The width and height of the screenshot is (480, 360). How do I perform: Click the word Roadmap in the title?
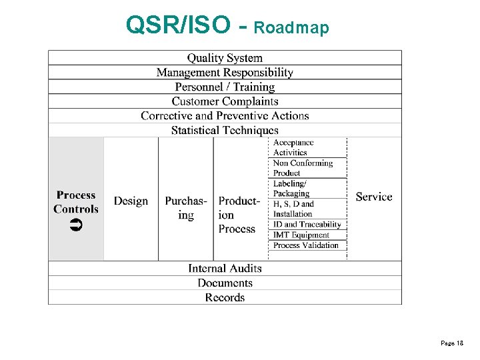[x=291, y=27]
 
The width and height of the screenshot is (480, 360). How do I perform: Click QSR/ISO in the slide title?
[x=179, y=25]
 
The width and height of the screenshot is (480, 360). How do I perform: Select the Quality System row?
[x=225, y=58]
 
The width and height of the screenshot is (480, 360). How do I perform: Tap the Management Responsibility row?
[x=225, y=72]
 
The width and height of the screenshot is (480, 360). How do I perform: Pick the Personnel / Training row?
[x=225, y=87]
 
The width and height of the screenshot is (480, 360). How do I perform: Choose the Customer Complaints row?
[x=225, y=101]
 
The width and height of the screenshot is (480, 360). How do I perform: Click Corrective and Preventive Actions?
[x=225, y=115]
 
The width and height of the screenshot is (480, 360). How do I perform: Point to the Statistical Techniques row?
[x=225, y=130]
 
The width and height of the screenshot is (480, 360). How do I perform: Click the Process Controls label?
[x=76, y=202]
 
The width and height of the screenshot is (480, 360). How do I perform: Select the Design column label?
[x=131, y=201]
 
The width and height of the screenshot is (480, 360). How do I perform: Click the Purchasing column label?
[x=186, y=208]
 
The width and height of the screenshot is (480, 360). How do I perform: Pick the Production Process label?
[x=238, y=215]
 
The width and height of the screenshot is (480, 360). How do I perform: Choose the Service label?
[x=374, y=197]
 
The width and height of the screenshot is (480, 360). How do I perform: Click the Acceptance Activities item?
[x=293, y=147]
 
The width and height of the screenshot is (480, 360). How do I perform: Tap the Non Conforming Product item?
[x=302, y=168]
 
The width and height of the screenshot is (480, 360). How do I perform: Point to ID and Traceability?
[x=307, y=225]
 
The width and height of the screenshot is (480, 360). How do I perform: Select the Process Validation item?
[x=306, y=245]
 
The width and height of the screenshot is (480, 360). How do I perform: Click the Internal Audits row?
[x=225, y=268]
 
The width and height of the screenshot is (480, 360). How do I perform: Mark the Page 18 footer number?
[x=451, y=343]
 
